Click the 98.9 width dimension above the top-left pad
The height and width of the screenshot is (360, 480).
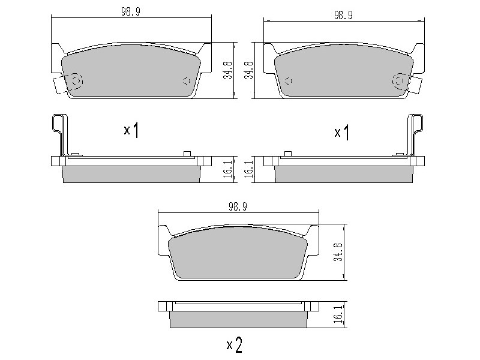coord(131,11)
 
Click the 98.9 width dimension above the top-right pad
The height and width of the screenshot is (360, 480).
coord(343,16)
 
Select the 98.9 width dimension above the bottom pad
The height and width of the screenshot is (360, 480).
coord(238,207)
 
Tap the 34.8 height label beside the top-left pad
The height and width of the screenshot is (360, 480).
coord(228,70)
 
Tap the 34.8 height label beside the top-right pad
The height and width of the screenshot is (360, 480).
coord(248,70)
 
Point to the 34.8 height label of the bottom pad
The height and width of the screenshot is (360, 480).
coord(338,252)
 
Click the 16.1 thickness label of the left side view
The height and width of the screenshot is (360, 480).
coord(228,169)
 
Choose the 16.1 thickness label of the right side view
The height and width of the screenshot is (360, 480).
coord(248,169)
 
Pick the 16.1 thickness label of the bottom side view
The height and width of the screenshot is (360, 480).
coord(338,314)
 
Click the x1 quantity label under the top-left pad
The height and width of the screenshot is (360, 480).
coord(131,130)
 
